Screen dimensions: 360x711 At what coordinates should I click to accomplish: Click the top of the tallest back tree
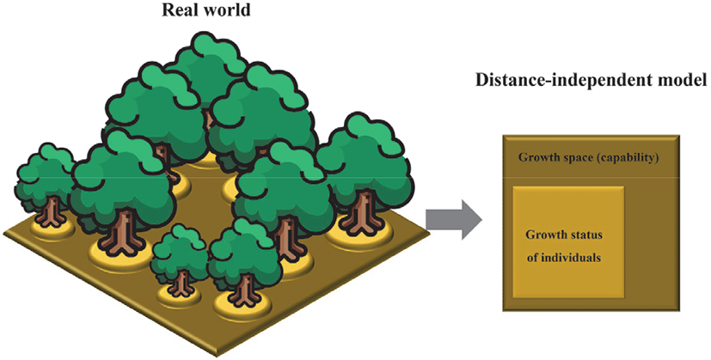point(206,47)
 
